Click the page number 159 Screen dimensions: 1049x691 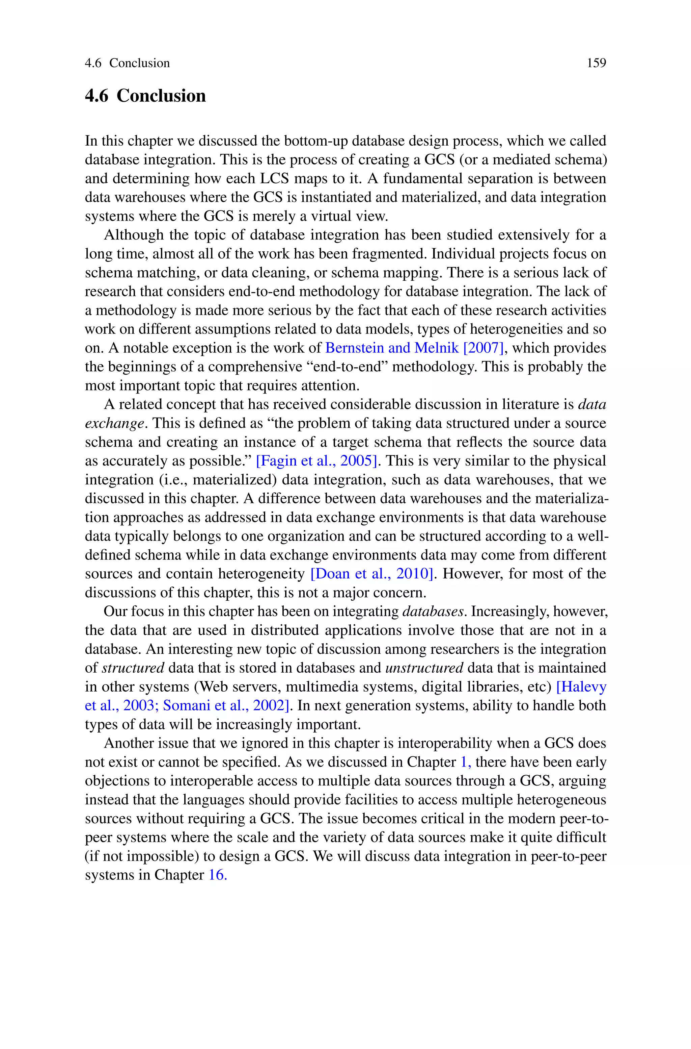point(596,63)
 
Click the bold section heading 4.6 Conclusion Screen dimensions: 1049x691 point(145,96)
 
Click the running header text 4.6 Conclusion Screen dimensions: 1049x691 point(127,63)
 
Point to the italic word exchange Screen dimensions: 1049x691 point(114,423)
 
